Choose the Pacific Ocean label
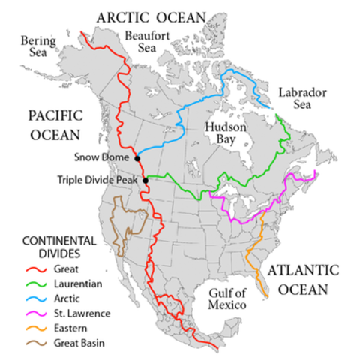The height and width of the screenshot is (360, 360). [53, 125]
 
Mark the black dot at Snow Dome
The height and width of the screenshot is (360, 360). [136, 158]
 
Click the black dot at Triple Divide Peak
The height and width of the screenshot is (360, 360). [145, 180]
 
